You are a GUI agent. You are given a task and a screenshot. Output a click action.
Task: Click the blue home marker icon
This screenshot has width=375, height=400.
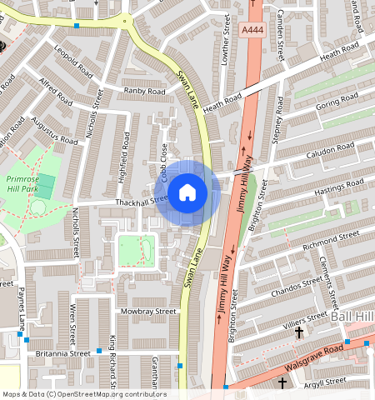[187, 193]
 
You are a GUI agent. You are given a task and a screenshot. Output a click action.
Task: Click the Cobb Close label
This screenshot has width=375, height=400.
[165, 162]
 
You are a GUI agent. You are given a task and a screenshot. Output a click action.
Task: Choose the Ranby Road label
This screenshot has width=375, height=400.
[141, 90]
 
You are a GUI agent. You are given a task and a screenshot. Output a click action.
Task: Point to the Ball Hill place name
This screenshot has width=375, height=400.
[353, 317]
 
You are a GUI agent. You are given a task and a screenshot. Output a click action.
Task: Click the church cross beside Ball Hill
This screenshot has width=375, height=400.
[299, 332]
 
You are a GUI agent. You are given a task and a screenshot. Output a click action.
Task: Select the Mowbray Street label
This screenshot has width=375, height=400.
[148, 311]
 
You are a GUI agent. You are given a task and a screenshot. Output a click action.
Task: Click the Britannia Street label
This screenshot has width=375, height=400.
[62, 353]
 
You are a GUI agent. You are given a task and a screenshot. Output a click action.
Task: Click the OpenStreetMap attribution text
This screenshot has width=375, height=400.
[83, 394]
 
